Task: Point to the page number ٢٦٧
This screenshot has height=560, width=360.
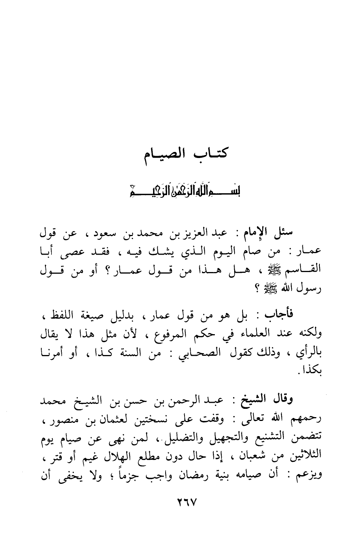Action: (x=180, y=504)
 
